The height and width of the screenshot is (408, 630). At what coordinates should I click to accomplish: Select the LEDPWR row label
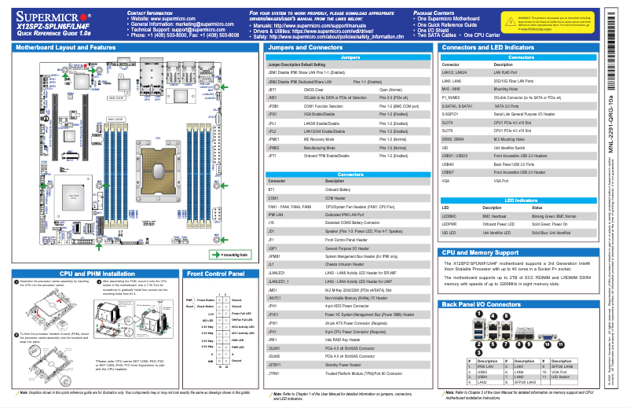pyautogui.click(x=450, y=223)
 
